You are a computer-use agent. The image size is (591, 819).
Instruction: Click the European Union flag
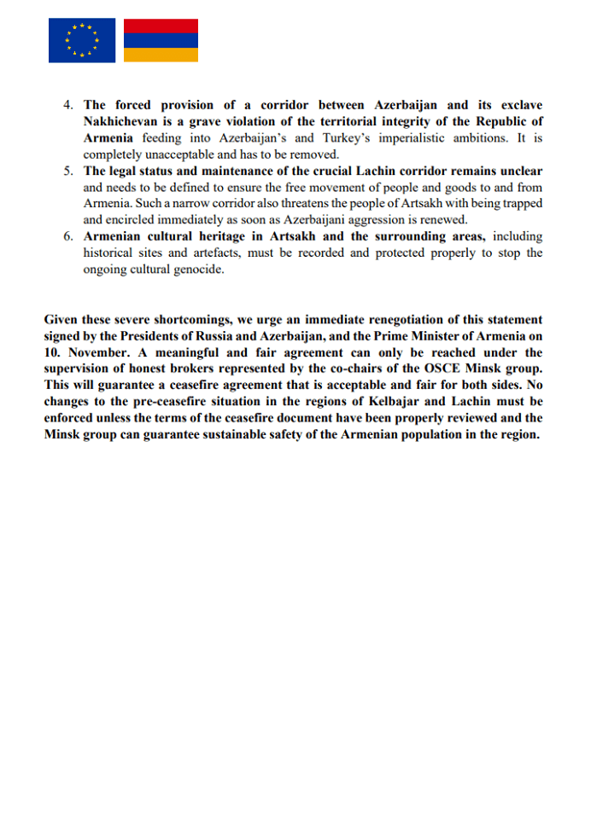coord(82,40)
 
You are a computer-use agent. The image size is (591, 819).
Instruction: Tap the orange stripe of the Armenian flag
coord(161,55)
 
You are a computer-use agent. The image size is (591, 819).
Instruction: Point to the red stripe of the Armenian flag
coord(161,26)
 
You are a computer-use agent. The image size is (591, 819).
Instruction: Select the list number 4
coord(68,106)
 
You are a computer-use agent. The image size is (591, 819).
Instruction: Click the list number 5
coord(68,171)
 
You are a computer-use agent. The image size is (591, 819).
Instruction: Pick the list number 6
coord(68,236)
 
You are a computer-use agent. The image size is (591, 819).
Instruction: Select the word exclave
coord(515,106)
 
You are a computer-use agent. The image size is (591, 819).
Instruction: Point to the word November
coord(94,352)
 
